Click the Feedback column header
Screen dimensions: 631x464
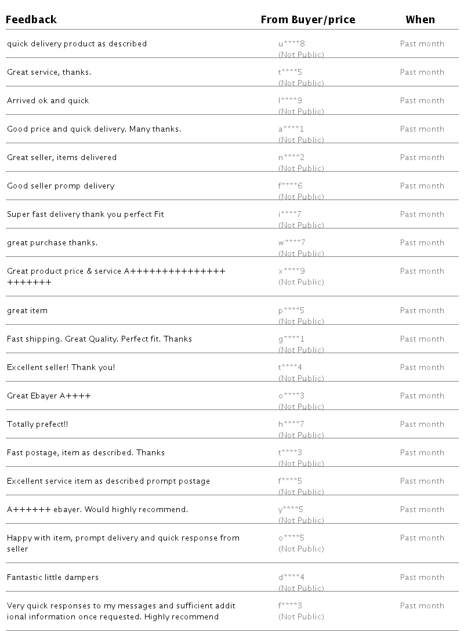click(x=31, y=20)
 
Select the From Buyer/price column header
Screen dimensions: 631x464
click(x=308, y=20)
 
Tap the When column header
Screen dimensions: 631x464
click(x=420, y=20)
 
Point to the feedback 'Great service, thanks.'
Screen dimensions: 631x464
click(x=49, y=72)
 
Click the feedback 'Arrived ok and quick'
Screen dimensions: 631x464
click(x=48, y=101)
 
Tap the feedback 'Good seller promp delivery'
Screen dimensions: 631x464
click(x=61, y=186)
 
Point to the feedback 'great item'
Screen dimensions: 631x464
click(x=27, y=311)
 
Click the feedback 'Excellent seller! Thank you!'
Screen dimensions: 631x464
click(x=61, y=368)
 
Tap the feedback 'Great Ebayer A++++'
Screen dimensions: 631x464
click(x=49, y=396)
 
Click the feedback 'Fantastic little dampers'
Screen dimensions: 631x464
click(x=53, y=578)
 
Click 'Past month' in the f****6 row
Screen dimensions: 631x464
click(x=422, y=186)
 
